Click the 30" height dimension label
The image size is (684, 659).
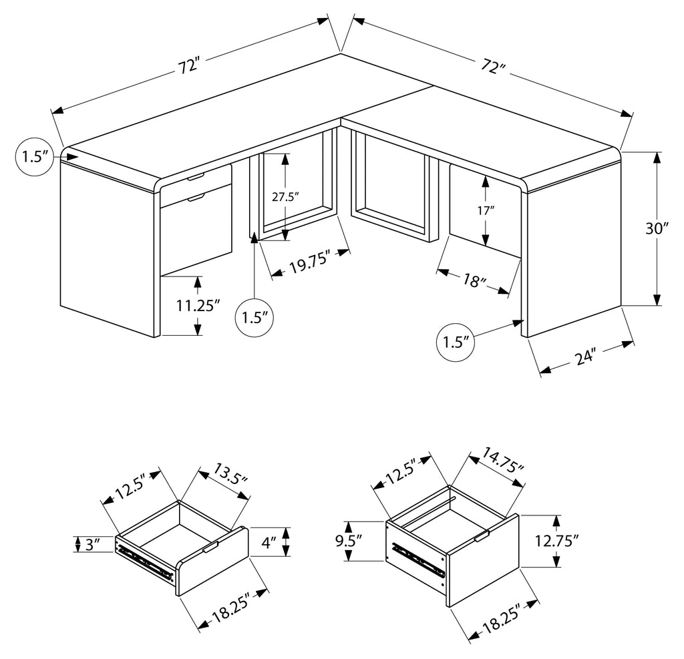pyautogui.click(x=657, y=228)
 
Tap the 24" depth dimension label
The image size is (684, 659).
pyautogui.click(x=585, y=357)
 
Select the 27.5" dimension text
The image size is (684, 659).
pyautogui.click(x=285, y=197)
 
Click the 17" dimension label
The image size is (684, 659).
pyautogui.click(x=485, y=211)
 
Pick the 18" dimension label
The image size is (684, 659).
pyautogui.click(x=474, y=280)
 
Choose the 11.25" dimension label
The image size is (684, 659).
pyautogui.click(x=198, y=306)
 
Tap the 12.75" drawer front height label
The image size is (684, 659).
pyautogui.click(x=557, y=541)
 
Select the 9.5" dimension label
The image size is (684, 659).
pyautogui.click(x=349, y=541)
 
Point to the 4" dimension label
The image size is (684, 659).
pyautogui.click(x=269, y=542)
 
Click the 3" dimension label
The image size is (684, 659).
pyautogui.click(x=93, y=544)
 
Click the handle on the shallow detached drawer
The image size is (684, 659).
pyautogui.click(x=210, y=547)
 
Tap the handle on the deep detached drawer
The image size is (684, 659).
pyautogui.click(x=482, y=536)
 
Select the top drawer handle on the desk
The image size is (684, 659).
pyautogui.click(x=196, y=177)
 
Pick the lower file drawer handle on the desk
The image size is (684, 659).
pyautogui.click(x=196, y=199)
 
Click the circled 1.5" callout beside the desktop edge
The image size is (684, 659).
pyautogui.click(x=35, y=157)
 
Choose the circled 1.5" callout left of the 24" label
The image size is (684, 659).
pyautogui.click(x=456, y=343)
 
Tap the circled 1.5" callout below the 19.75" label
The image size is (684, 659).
pyautogui.click(x=254, y=318)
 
